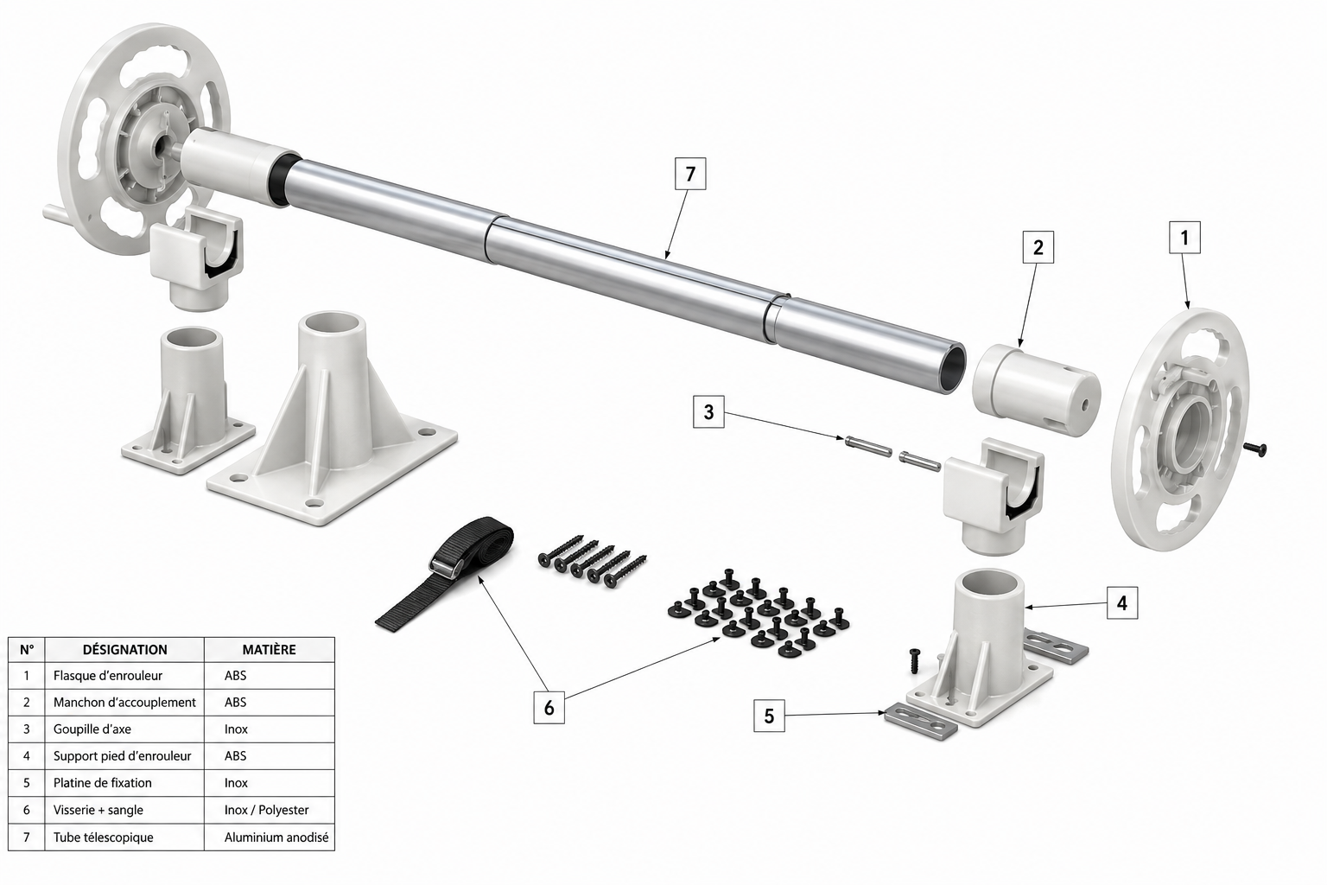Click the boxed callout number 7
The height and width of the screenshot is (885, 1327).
690,174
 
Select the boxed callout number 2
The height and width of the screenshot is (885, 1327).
1038,247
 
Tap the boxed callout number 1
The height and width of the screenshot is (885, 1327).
1184,238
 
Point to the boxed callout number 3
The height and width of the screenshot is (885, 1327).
708,412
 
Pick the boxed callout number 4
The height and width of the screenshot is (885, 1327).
1122,603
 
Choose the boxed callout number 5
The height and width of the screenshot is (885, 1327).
769,716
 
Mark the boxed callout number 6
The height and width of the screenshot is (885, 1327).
549,708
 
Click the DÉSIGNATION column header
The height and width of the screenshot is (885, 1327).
125,650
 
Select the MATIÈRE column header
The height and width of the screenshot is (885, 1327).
269,650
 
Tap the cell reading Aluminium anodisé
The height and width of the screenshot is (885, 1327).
276,837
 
